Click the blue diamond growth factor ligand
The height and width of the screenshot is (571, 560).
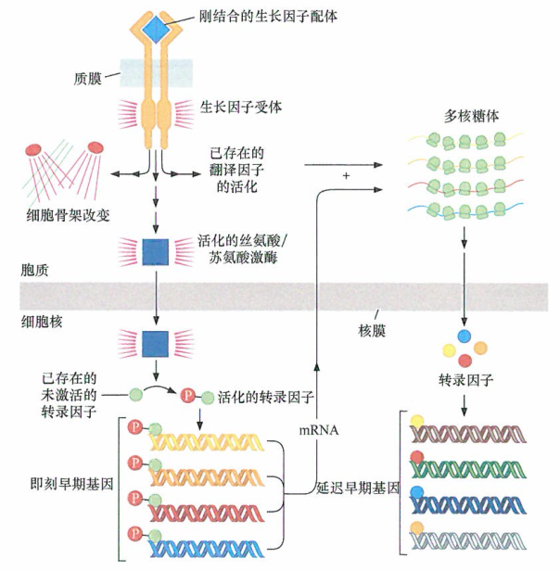157,28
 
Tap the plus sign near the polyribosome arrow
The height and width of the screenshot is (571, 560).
346,176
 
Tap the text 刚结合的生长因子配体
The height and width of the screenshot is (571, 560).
264,16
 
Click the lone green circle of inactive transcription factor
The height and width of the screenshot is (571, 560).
135,393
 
